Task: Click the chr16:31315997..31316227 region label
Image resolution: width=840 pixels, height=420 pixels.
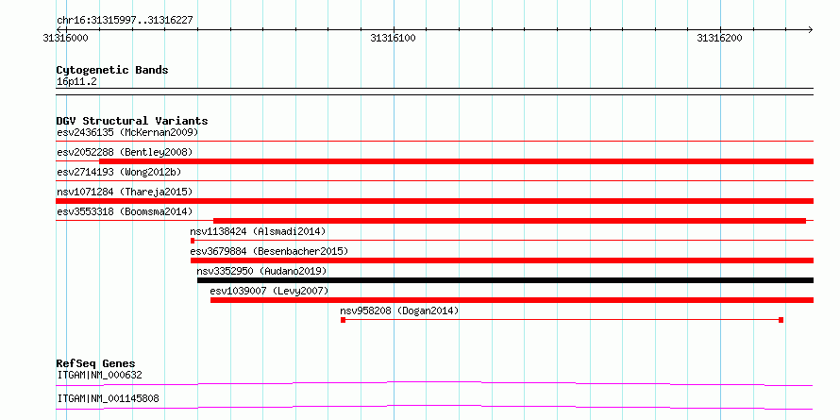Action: (125, 21)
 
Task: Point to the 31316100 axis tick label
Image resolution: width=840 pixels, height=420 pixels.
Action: (394, 39)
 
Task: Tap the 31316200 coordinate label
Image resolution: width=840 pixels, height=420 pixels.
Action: (719, 39)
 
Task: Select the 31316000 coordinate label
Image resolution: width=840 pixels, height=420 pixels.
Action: (66, 39)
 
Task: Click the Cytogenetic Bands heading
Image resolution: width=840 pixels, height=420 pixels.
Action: (112, 70)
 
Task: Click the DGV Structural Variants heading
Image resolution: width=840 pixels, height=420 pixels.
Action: (132, 121)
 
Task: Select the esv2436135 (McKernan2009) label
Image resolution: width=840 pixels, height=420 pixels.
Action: (127, 132)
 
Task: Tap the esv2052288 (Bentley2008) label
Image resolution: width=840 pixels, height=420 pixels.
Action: (125, 152)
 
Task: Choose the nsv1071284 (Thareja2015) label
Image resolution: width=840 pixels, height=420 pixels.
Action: (125, 192)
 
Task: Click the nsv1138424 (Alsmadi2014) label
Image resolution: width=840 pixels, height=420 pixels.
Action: (258, 231)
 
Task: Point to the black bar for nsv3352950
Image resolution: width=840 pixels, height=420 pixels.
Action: (505, 280)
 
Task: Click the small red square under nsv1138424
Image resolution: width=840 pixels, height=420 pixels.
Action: (193, 241)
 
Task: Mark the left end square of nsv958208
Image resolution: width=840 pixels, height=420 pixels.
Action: (343, 320)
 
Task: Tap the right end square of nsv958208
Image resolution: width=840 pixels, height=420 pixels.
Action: (781, 320)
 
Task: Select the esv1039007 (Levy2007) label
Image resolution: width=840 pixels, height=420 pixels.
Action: (269, 291)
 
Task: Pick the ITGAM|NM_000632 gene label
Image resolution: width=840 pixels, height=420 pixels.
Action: (100, 375)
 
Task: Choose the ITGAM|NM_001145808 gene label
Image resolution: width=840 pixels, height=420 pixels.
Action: (108, 399)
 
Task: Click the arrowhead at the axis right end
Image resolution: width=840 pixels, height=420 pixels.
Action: (811, 29)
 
